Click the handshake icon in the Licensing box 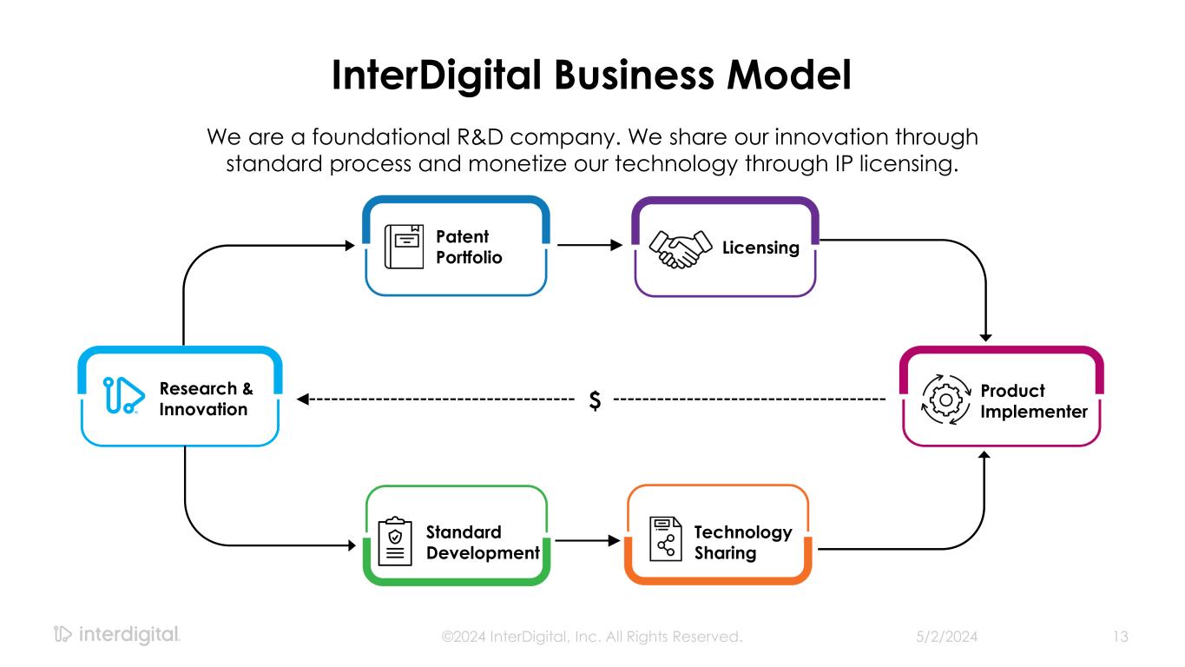(x=678, y=250)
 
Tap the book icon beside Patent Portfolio (x=404, y=247)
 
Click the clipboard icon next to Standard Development (x=396, y=542)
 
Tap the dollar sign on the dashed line (x=595, y=400)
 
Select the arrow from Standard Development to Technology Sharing (x=587, y=540)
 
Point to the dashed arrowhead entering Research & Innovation (x=303, y=400)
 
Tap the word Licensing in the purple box (x=760, y=248)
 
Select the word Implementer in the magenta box (x=1033, y=412)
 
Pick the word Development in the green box (x=483, y=553)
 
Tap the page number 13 (x=1120, y=637)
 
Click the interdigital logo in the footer (x=116, y=635)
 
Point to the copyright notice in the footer (x=592, y=637)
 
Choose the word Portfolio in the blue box (x=469, y=258)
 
